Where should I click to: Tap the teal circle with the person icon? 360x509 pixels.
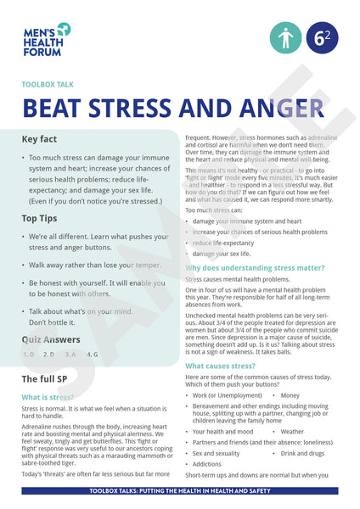[285, 38]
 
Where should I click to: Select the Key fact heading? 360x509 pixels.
[46, 138]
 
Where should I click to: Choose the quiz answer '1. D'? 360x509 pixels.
[29, 354]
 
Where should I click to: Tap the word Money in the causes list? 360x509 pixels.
[290, 395]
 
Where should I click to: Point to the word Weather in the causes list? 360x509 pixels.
[292, 431]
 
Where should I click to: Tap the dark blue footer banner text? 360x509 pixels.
[180, 491]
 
